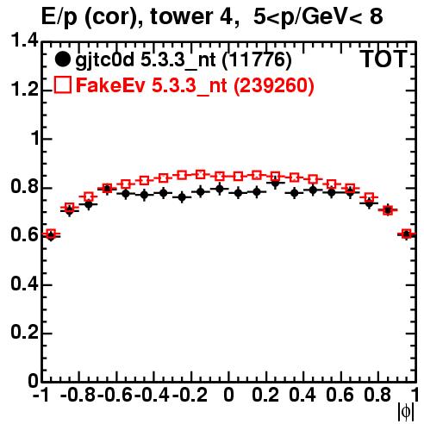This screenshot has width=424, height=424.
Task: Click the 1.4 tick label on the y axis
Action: click(x=25, y=41)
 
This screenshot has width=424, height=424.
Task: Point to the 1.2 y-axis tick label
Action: click(x=25, y=90)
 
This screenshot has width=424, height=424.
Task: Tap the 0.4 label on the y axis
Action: click(x=25, y=284)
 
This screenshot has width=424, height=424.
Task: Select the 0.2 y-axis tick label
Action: click(x=25, y=333)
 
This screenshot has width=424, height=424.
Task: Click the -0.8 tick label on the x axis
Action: click(x=78, y=395)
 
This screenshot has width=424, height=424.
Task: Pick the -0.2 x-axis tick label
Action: click(x=190, y=395)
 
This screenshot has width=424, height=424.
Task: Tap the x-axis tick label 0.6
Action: click(x=340, y=395)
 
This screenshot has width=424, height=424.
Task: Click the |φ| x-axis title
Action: click(x=406, y=412)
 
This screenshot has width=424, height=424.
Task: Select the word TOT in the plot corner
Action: click(x=383, y=59)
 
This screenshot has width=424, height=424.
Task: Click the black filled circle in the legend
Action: click(x=62, y=59)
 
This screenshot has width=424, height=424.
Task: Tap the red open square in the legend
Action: click(x=62, y=84)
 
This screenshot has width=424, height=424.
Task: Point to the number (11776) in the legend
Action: click(x=257, y=59)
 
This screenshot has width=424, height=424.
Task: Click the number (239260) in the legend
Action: click(x=274, y=85)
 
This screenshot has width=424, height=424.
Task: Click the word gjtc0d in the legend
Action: click(x=105, y=60)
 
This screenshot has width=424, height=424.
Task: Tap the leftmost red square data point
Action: click(x=51, y=234)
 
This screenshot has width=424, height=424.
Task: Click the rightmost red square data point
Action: click(x=407, y=234)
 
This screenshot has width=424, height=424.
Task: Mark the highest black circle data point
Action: click(x=275, y=183)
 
